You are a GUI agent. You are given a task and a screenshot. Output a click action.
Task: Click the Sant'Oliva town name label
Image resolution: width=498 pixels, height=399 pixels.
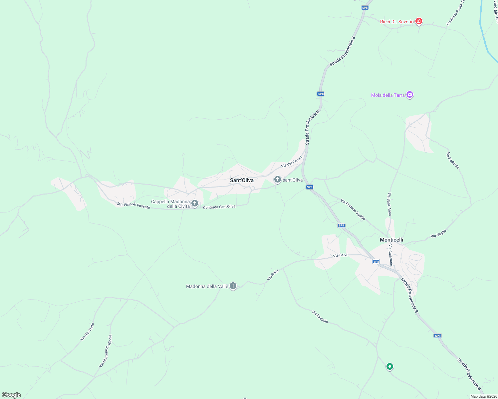tap(242, 180)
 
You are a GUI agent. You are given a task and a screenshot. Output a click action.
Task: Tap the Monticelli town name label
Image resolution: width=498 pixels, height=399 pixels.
tap(391, 240)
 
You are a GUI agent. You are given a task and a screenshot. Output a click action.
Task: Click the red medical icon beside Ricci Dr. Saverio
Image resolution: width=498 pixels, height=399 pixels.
tap(419, 22)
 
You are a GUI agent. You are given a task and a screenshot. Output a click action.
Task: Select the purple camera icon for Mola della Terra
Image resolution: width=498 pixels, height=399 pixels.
tap(410, 95)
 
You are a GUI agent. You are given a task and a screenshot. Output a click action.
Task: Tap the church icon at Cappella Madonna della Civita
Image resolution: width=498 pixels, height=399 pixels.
tap(195, 203)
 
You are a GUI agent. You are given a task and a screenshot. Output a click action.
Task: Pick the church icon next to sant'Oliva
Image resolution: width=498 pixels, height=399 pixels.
tap(277, 180)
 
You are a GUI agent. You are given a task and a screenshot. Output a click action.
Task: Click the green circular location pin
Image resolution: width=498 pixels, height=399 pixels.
tap(389, 366)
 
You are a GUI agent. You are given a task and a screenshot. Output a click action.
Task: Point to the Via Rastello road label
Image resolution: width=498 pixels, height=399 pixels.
tap(320, 317)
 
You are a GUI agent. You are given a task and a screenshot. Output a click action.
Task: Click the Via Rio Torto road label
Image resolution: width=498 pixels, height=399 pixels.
tap(87, 332)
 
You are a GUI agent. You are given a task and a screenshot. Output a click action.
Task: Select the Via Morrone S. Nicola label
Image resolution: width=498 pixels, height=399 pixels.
tap(106, 351)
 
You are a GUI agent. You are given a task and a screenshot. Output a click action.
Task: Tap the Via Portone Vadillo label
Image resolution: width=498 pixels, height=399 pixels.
tap(353, 209)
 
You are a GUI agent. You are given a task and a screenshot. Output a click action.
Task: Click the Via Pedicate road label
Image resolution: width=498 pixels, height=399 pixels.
tap(453, 160)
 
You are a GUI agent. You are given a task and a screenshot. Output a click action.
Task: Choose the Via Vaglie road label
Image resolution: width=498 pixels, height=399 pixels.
tap(438, 234)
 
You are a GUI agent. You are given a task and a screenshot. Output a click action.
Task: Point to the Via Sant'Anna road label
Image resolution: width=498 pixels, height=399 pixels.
tap(389, 204)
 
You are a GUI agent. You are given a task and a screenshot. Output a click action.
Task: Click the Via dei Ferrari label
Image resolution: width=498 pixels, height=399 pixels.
tap(291, 162)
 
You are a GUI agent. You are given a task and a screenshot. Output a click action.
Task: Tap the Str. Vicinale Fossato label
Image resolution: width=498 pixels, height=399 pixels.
tap(133, 205)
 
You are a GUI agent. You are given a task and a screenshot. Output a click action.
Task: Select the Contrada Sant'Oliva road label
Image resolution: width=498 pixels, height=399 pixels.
tap(219, 207)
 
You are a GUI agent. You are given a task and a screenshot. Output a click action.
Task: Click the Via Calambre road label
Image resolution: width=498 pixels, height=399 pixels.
tap(391, 255)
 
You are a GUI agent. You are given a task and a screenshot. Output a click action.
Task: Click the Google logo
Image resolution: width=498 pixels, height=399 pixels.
tap(11, 395)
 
